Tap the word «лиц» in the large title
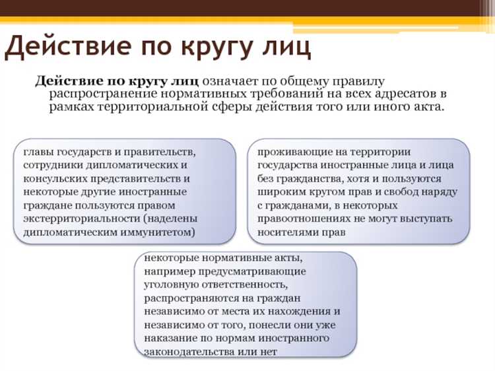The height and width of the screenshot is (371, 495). click(280, 48)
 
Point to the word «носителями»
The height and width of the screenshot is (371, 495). click(285, 232)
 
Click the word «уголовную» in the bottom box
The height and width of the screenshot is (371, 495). click(170, 285)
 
